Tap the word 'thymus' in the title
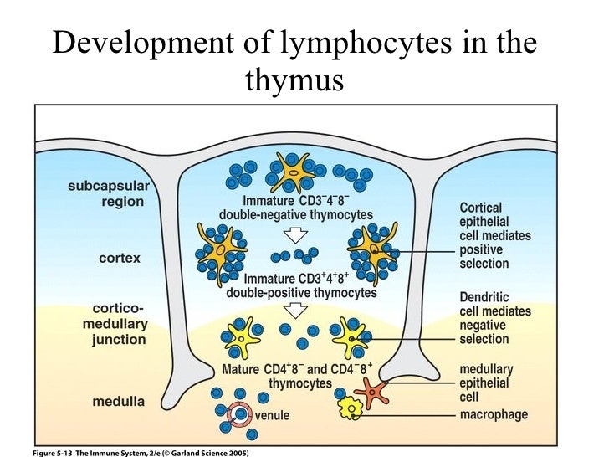pyautogui.click(x=294, y=80)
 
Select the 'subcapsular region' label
pyautogui.click(x=105, y=193)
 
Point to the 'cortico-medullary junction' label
pyautogui.click(x=118, y=324)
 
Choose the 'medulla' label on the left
pyautogui.click(x=118, y=401)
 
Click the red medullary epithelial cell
pyautogui.click(x=371, y=388)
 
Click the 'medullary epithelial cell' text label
pyautogui.click(x=487, y=383)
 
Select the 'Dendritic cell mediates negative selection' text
pyautogui.click(x=495, y=318)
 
